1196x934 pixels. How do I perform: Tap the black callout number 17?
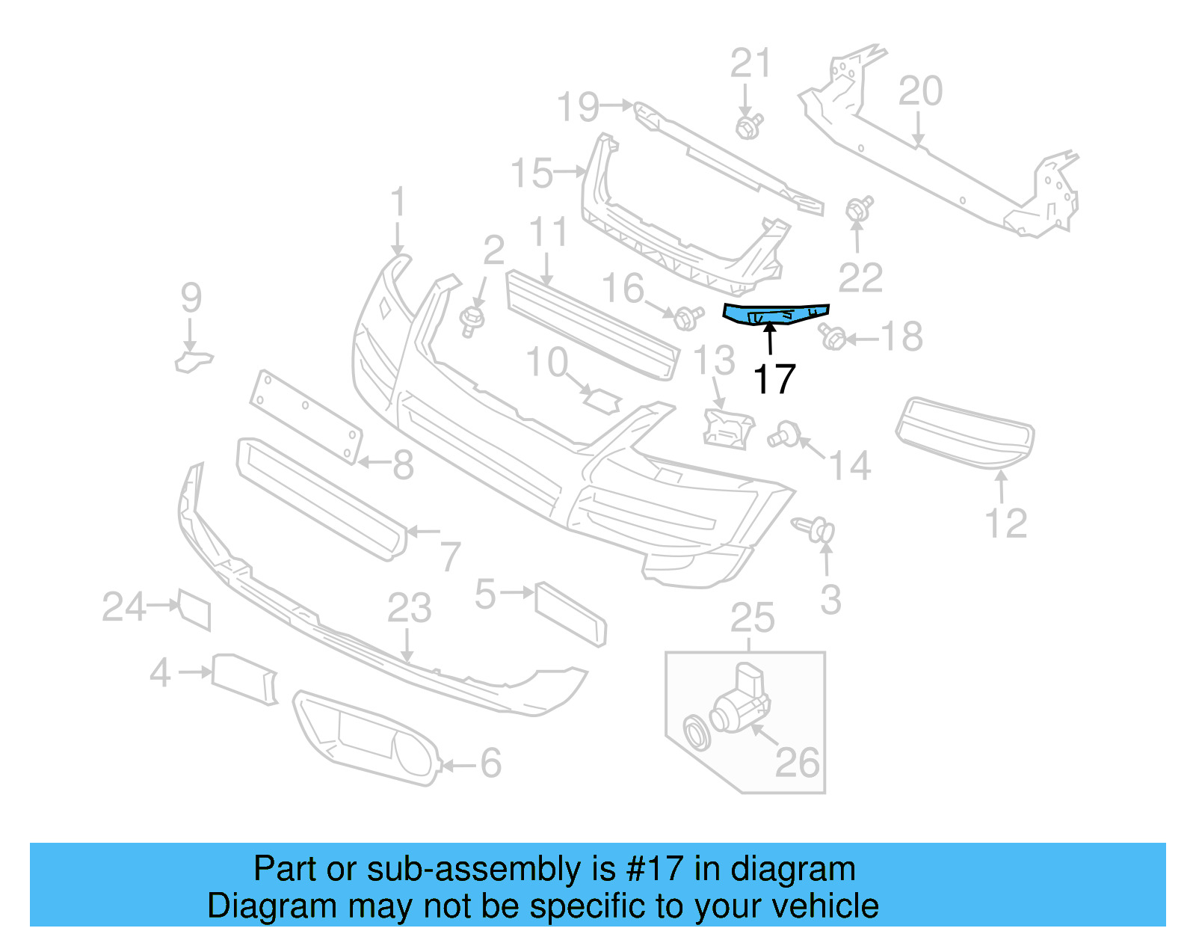774,379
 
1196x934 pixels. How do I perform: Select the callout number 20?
919,91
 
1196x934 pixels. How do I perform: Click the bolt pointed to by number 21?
747,126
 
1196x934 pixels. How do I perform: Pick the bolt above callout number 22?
859,209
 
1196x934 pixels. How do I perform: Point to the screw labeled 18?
832,338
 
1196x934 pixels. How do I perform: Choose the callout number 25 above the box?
752,618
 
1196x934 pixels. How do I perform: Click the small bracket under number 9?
193,360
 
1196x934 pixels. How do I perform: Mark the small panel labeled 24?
194,609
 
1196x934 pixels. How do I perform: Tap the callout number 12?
1005,523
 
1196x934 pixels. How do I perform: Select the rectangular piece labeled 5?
570,613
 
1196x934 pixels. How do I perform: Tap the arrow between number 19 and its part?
617,105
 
